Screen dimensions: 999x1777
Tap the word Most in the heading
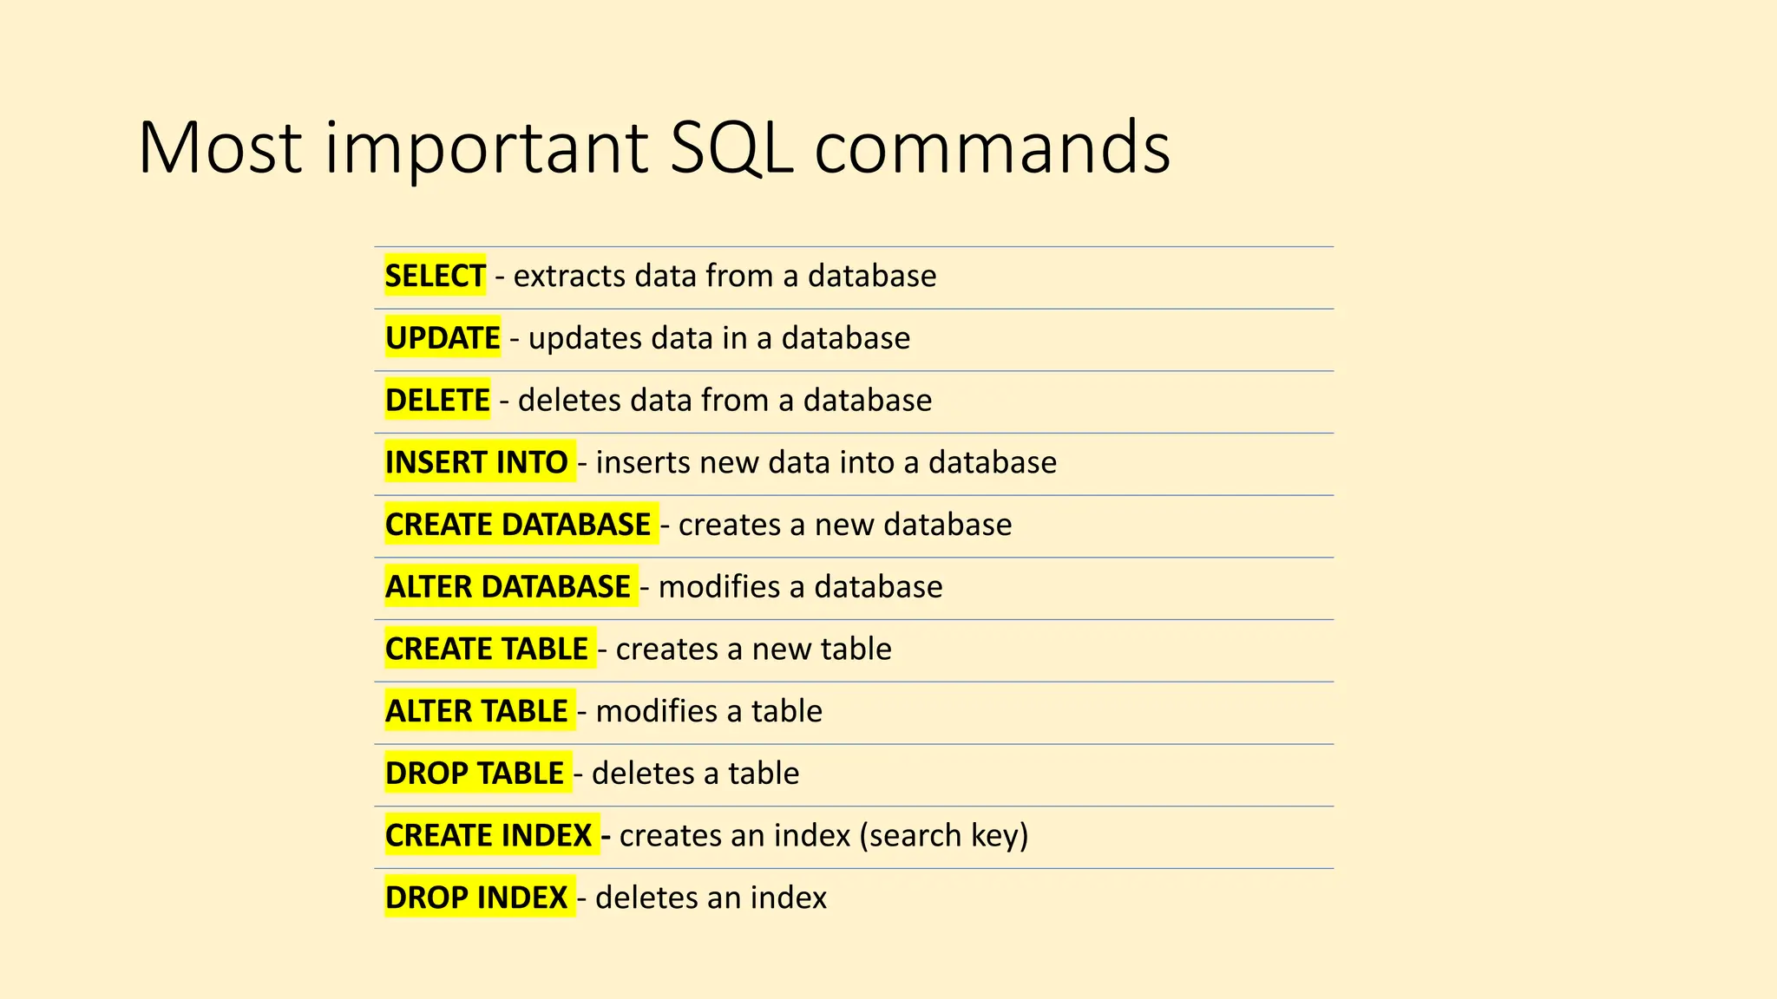click(x=220, y=147)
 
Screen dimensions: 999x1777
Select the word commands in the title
click(x=992, y=147)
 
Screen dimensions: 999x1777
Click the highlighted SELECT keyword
click(x=435, y=276)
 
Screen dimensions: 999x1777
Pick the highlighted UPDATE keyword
click(x=443, y=338)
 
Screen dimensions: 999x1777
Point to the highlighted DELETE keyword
click(x=437, y=401)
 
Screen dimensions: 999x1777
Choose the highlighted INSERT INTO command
click(x=476, y=462)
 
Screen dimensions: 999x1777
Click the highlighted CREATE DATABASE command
click(x=518, y=525)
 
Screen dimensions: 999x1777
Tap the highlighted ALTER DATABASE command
click(x=508, y=587)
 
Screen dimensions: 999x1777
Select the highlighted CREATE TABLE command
click(x=487, y=649)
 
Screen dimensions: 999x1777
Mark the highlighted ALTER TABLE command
click(x=476, y=711)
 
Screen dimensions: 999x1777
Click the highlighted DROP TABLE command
click(x=475, y=774)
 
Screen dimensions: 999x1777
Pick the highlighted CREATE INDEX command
click(x=489, y=835)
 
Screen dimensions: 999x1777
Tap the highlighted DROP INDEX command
click(x=476, y=898)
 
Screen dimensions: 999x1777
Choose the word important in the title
click(x=487, y=147)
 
